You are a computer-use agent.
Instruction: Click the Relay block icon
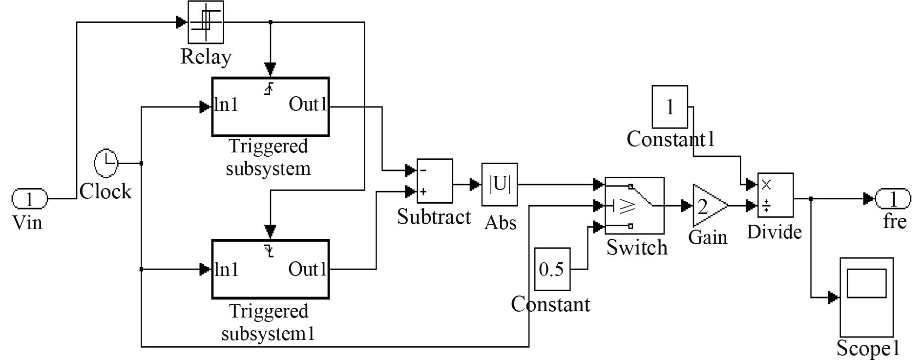point(206,22)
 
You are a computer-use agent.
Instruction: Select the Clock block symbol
point(106,164)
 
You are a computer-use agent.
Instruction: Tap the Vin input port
point(30,199)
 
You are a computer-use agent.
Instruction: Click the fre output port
point(893,199)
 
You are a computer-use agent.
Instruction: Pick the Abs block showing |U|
point(500,185)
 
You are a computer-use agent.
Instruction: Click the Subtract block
point(435,181)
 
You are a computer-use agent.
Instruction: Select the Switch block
point(634,205)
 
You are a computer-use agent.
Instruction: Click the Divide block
point(776,195)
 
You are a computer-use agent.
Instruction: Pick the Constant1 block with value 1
point(670,107)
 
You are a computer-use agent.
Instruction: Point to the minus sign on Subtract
point(423,170)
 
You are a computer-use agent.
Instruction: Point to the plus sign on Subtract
point(423,191)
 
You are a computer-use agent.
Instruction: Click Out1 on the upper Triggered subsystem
point(308,105)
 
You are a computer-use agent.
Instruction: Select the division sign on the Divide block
point(766,206)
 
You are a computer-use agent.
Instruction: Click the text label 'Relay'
point(206,57)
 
